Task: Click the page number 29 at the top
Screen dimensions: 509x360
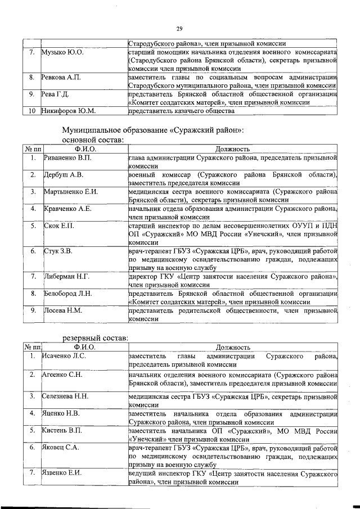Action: [179, 29]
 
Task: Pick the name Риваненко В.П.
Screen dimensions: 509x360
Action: [68, 158]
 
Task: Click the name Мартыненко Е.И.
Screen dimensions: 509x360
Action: [71, 192]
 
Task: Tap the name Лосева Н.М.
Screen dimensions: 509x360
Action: [63, 310]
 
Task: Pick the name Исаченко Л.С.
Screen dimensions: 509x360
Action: [64, 356]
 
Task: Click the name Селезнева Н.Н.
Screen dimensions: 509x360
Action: [65, 397]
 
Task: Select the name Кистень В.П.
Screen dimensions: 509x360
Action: [62, 430]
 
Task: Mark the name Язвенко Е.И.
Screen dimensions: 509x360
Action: [62, 472]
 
